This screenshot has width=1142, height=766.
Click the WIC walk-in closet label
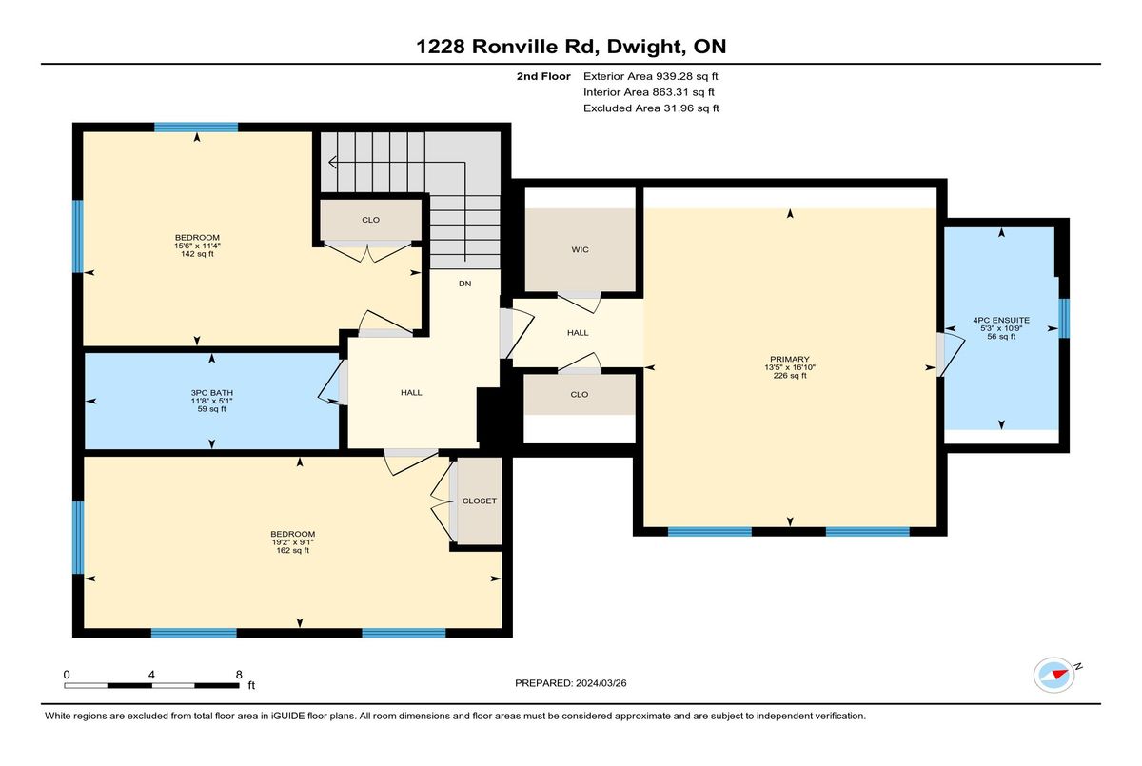point(580,249)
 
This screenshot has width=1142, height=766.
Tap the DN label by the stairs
point(464,284)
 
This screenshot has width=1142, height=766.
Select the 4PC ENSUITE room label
point(1001,320)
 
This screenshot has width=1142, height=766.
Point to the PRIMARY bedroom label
point(790,359)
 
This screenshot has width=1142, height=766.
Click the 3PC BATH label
point(211,393)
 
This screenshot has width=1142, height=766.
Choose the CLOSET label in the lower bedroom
point(480,501)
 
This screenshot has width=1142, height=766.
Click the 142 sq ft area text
point(197,254)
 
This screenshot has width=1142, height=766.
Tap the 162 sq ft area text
point(293,550)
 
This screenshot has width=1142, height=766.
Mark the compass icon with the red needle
point(1053,676)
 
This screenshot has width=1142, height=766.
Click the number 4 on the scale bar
point(151,675)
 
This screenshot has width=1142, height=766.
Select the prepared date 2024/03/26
point(601,683)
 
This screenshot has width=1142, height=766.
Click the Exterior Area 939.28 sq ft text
point(651,76)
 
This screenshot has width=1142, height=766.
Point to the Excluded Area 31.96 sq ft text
point(651,108)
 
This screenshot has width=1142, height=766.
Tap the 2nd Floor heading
point(543,76)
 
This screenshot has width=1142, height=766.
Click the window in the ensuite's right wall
point(1065,319)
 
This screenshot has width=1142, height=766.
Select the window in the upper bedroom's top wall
point(196,128)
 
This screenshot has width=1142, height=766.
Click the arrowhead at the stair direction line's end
point(332,163)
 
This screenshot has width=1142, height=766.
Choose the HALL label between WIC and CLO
point(578,333)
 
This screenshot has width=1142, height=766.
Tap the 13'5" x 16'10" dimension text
point(790,367)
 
